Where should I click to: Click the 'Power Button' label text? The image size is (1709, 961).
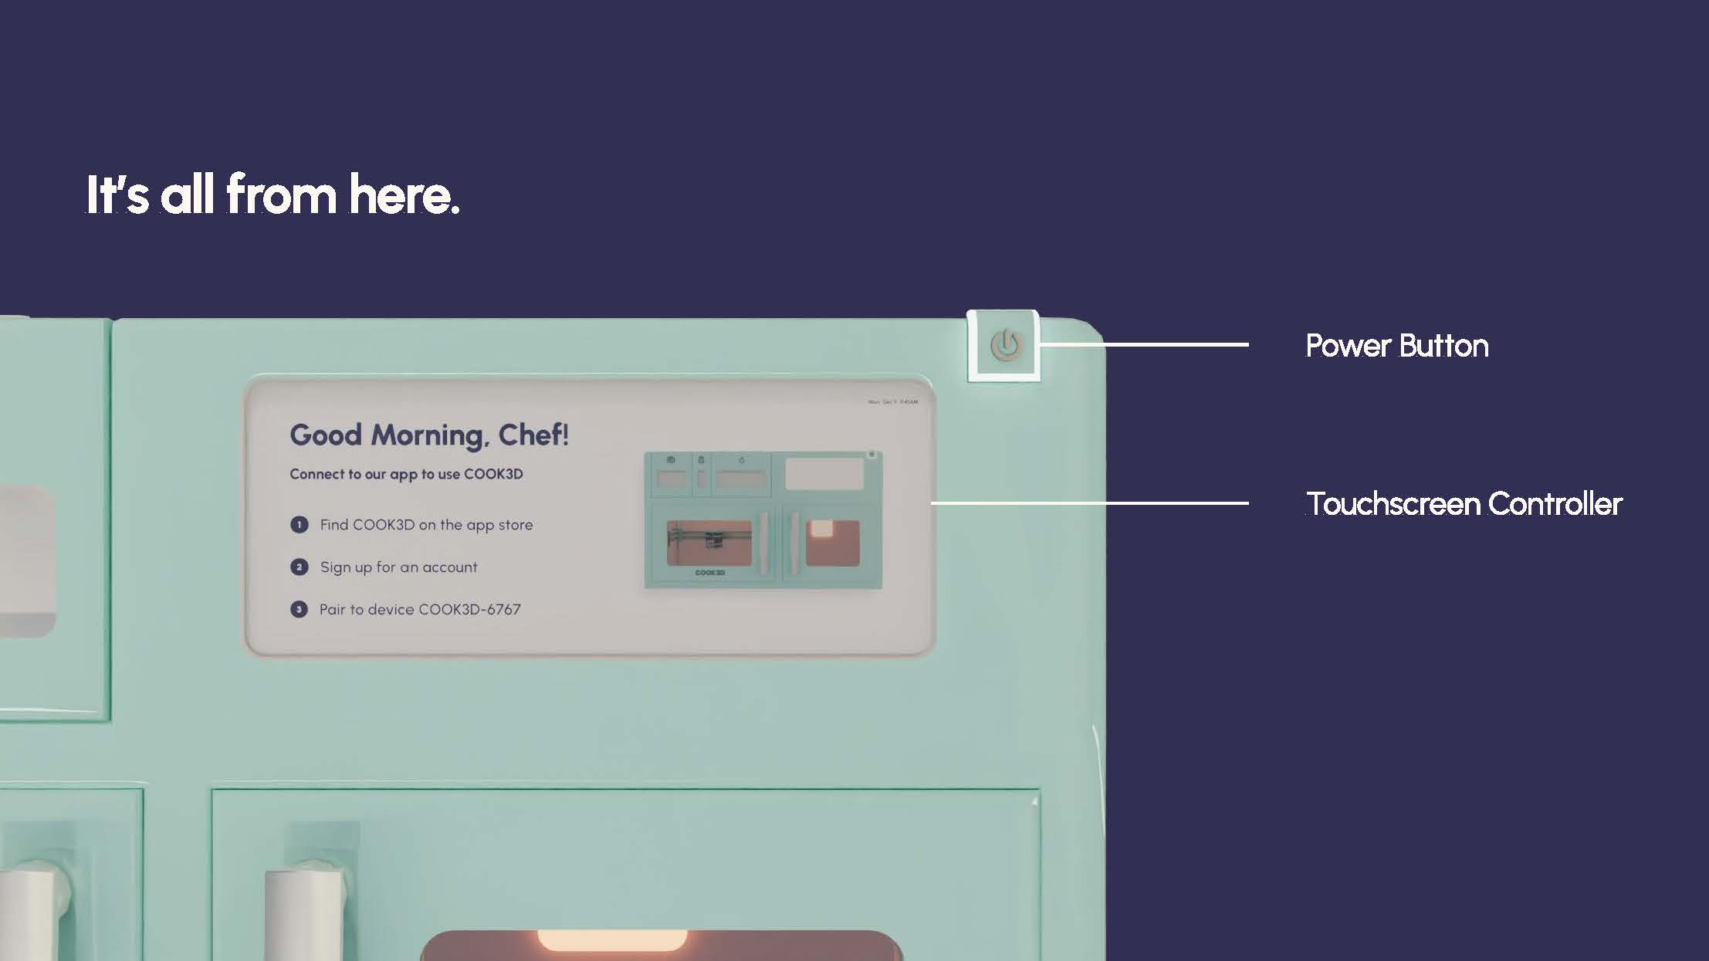1396,346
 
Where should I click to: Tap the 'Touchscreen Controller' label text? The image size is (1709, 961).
1464,504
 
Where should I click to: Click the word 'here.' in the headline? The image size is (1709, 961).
404,195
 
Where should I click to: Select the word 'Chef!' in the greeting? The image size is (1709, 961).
533,435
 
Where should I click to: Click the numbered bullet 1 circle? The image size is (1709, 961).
299,525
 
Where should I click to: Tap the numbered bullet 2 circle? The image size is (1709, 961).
299,567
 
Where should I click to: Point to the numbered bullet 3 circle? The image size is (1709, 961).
299,610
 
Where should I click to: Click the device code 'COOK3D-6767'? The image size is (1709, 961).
469,610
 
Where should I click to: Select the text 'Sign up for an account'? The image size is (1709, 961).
398,567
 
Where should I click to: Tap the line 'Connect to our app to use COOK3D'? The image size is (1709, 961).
406,474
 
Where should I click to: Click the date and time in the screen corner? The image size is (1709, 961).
893,402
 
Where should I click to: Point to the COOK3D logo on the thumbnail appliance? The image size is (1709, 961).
710,573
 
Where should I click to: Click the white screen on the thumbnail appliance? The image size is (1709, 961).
824,473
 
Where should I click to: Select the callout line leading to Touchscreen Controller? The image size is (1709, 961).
1089,503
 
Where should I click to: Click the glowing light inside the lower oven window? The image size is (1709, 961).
612,941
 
